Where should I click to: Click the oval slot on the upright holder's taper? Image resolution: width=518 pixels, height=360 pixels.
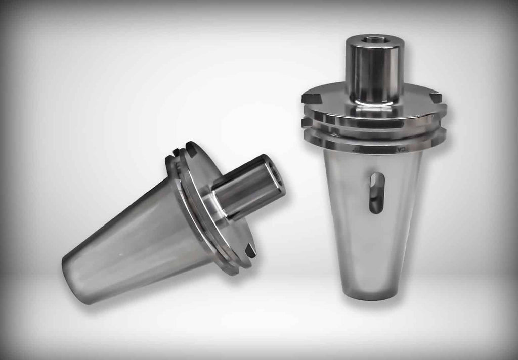coord(376,193)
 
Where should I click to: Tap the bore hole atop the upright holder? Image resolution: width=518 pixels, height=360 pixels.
coord(375,40)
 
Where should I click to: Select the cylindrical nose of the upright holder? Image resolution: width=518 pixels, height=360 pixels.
coord(374,71)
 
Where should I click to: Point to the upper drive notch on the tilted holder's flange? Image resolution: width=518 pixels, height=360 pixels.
coord(192,148)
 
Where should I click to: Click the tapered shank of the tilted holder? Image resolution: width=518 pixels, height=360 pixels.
coord(132,238)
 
